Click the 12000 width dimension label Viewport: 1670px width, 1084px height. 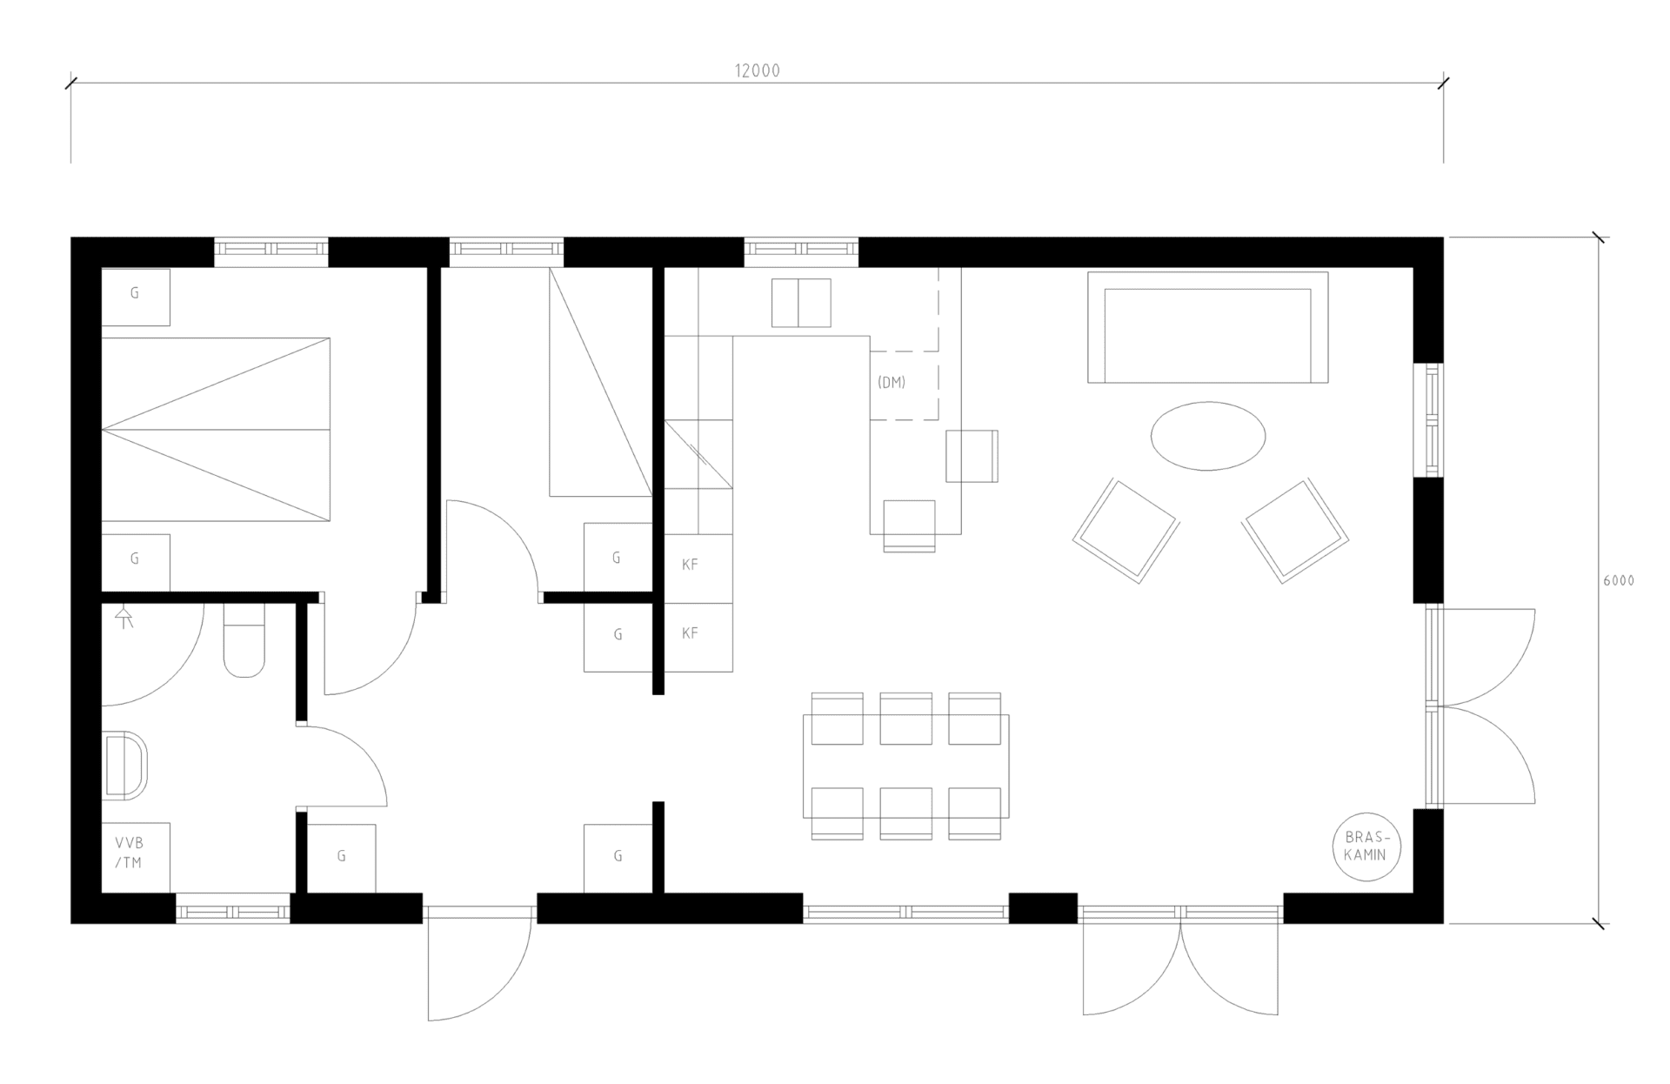(758, 71)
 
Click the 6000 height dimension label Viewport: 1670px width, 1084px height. (1619, 580)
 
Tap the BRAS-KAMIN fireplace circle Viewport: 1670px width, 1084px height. (1366, 846)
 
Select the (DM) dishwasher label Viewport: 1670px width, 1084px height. (892, 382)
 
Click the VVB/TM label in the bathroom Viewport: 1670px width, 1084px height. (129, 853)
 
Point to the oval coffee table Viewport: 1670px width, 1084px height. (1208, 436)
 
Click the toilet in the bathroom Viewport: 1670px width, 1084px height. (244, 640)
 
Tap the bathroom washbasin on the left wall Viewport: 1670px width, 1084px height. (125, 766)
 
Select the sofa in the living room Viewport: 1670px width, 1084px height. (1208, 327)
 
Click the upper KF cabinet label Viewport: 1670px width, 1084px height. (690, 565)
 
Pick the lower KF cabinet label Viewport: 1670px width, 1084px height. (690, 633)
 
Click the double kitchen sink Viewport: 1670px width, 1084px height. (801, 303)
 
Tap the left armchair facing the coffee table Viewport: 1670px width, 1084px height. (1126, 530)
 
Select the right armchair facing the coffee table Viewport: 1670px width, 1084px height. (1295, 530)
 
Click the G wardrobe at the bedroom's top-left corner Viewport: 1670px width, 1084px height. (136, 297)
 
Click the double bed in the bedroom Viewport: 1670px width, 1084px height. (216, 430)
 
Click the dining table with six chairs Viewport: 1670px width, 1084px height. (906, 766)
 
